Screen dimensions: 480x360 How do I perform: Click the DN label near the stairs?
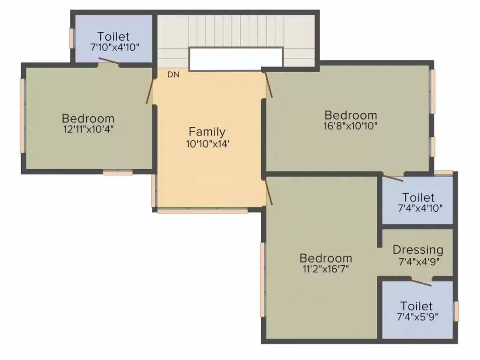[173, 75]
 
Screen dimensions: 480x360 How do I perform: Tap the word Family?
[207, 132]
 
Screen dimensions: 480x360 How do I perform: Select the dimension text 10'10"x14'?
[208, 144]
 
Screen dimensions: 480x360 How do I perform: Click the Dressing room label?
[418, 250]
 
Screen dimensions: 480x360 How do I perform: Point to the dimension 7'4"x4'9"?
[419, 262]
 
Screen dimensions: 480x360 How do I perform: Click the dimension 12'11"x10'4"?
[89, 129]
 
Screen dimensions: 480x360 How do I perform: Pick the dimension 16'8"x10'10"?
[351, 126]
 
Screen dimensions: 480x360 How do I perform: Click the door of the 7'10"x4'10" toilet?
[108, 61]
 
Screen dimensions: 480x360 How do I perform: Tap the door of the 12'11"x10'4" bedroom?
[150, 91]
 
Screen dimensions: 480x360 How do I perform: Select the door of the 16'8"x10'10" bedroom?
[269, 85]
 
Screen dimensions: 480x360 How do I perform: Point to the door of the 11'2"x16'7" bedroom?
[269, 193]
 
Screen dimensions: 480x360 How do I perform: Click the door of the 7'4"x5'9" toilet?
[421, 282]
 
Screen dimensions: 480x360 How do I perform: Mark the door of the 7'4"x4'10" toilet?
[393, 178]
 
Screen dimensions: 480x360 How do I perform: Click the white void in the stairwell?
[236, 59]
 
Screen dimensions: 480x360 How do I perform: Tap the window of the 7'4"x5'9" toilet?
[457, 311]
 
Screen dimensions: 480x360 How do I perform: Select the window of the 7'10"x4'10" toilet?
[72, 38]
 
